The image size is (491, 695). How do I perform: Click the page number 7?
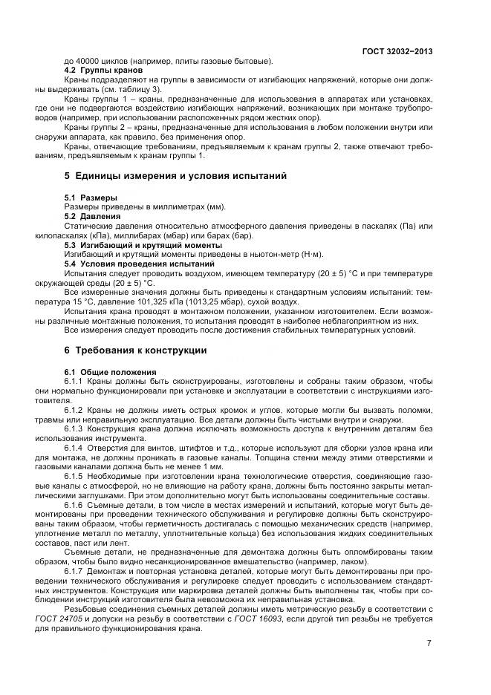pos(429,643)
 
